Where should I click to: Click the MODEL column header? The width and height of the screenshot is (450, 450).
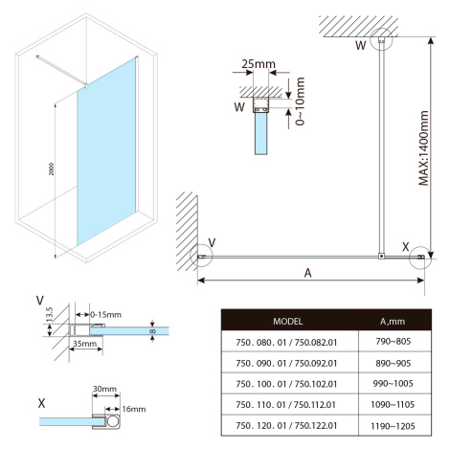[x=287, y=321]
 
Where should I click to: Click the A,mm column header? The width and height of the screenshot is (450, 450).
[x=393, y=322]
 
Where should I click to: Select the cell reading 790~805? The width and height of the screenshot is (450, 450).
[x=393, y=342]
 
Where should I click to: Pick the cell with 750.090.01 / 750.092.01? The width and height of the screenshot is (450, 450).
[x=286, y=363]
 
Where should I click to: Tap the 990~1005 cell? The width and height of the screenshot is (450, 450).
[x=393, y=383]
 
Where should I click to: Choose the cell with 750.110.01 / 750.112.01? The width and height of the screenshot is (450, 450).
[x=285, y=405]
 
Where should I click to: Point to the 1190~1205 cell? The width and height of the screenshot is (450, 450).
[x=393, y=426]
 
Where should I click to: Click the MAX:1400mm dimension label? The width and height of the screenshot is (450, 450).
[x=423, y=148]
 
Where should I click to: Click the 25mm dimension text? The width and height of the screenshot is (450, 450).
[x=259, y=64]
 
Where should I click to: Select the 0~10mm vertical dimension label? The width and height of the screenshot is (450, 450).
[x=300, y=101]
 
